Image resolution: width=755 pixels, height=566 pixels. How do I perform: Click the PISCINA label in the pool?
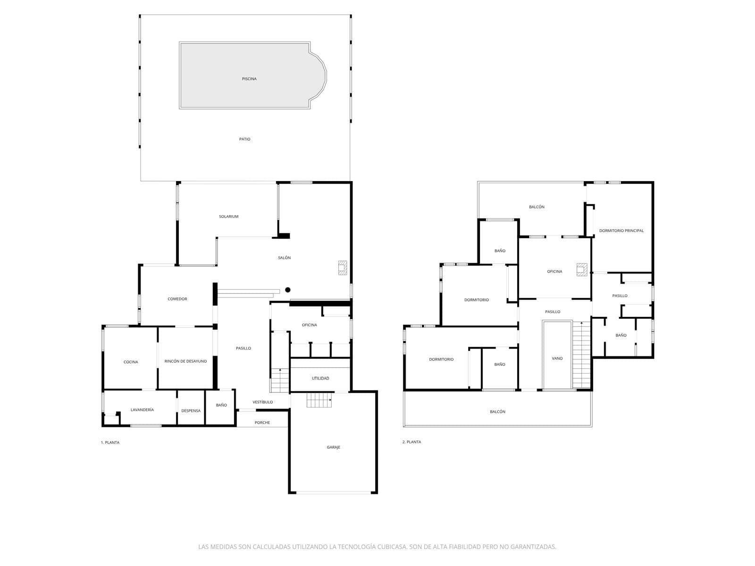[249, 79]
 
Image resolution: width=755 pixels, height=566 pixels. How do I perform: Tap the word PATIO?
[244, 139]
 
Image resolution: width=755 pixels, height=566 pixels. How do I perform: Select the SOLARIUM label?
[228, 216]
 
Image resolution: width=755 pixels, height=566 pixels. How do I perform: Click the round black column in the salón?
[287, 290]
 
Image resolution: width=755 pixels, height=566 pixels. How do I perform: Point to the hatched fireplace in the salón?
[342, 268]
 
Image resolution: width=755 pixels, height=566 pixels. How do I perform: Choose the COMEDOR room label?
[177, 299]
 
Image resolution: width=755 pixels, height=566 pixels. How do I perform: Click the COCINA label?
[131, 362]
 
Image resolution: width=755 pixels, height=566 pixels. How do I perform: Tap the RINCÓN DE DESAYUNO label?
[185, 361]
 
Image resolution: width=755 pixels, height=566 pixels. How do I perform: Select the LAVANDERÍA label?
[142, 409]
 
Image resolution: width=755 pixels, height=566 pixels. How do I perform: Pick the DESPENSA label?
[191, 411]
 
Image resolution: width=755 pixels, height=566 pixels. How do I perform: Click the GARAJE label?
[333, 447]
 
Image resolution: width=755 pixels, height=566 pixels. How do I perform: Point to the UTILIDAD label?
[320, 378]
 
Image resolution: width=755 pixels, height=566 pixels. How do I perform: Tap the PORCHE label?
[262, 423]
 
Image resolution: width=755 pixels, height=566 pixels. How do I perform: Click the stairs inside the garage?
[319, 400]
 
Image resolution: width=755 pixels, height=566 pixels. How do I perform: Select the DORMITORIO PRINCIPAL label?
[621, 231]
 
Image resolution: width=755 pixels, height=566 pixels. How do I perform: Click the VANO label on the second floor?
[557, 358]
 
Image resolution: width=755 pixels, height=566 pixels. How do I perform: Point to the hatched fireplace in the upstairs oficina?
[582, 270]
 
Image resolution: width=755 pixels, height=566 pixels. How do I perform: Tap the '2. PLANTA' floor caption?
[411, 442]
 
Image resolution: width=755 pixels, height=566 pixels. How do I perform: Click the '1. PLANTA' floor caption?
[110, 442]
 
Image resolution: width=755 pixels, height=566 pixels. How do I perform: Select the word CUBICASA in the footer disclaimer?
[392, 546]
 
